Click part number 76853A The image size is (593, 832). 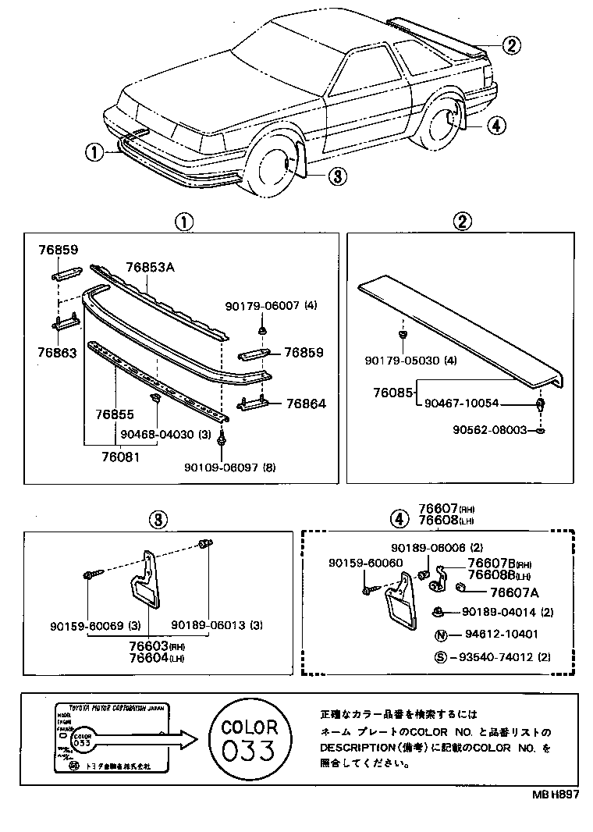coord(150,268)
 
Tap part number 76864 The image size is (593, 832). coord(305,404)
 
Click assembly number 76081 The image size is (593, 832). coord(121,457)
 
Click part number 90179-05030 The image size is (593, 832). coord(404,361)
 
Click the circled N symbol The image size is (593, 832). coord(440,635)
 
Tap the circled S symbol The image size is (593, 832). coord(440,656)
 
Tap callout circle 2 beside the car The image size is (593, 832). coord(510,45)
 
